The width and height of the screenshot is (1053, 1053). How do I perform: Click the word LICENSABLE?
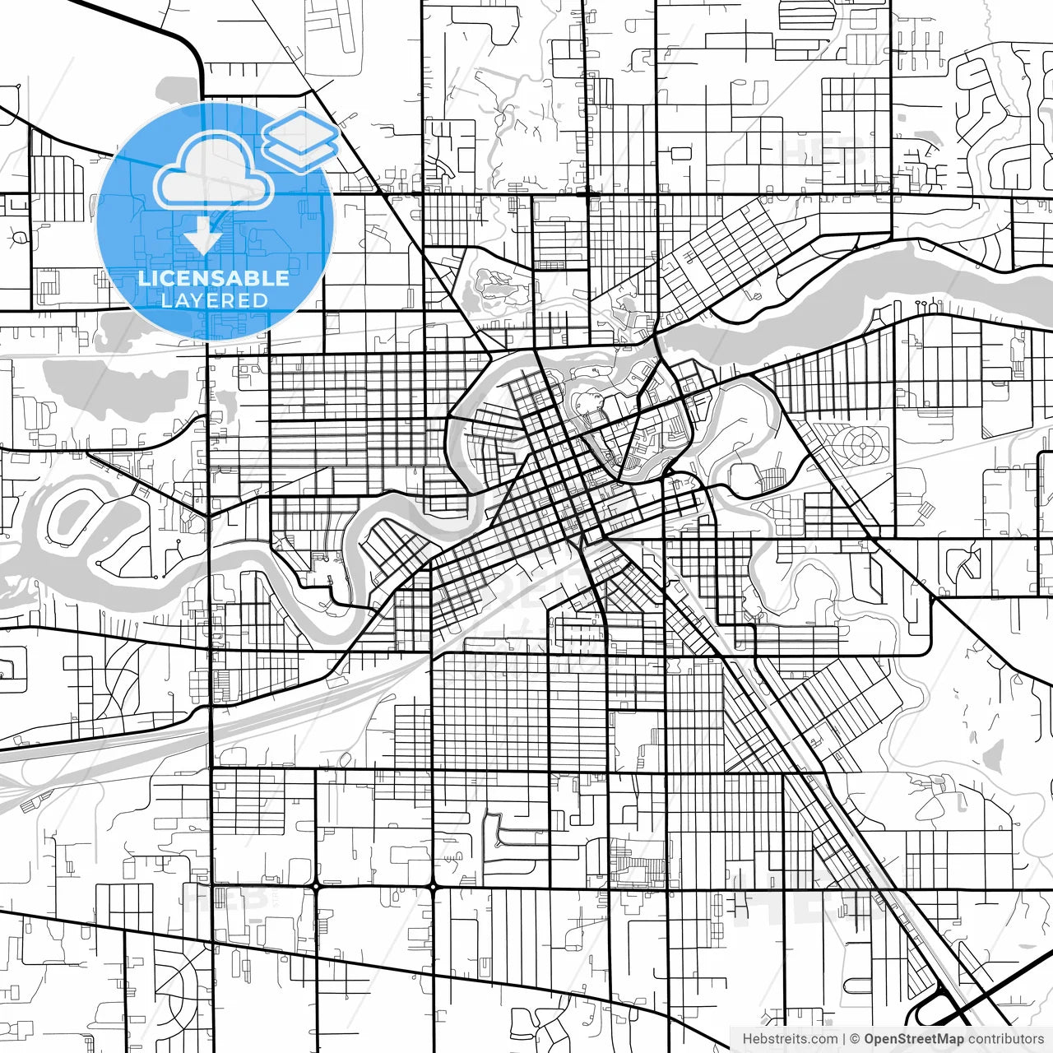pyautogui.click(x=214, y=278)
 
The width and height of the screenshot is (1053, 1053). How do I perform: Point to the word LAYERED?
pyautogui.click(x=214, y=300)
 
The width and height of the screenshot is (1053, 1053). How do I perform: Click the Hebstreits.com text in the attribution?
pyautogui.click(x=790, y=1039)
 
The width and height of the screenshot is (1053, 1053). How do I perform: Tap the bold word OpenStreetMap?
pyautogui.click(x=913, y=1039)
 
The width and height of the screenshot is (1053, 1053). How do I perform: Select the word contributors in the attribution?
pyautogui.click(x=1005, y=1039)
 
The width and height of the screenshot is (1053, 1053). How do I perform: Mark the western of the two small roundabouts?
pyautogui.click(x=317, y=887)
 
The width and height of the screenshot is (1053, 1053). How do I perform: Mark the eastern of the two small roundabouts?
pyautogui.click(x=433, y=887)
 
